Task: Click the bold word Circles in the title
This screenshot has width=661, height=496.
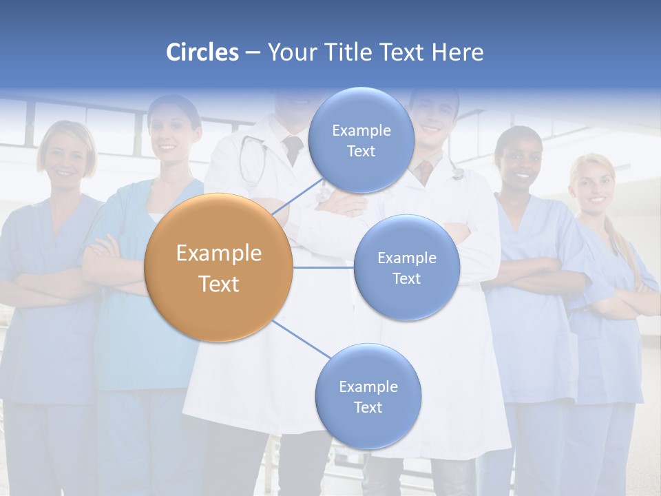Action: coord(202,52)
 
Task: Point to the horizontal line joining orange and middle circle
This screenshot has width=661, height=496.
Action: coord(323,267)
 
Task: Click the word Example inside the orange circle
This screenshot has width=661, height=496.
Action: coord(219,254)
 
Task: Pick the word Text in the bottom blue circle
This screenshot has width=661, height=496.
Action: coord(368,407)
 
